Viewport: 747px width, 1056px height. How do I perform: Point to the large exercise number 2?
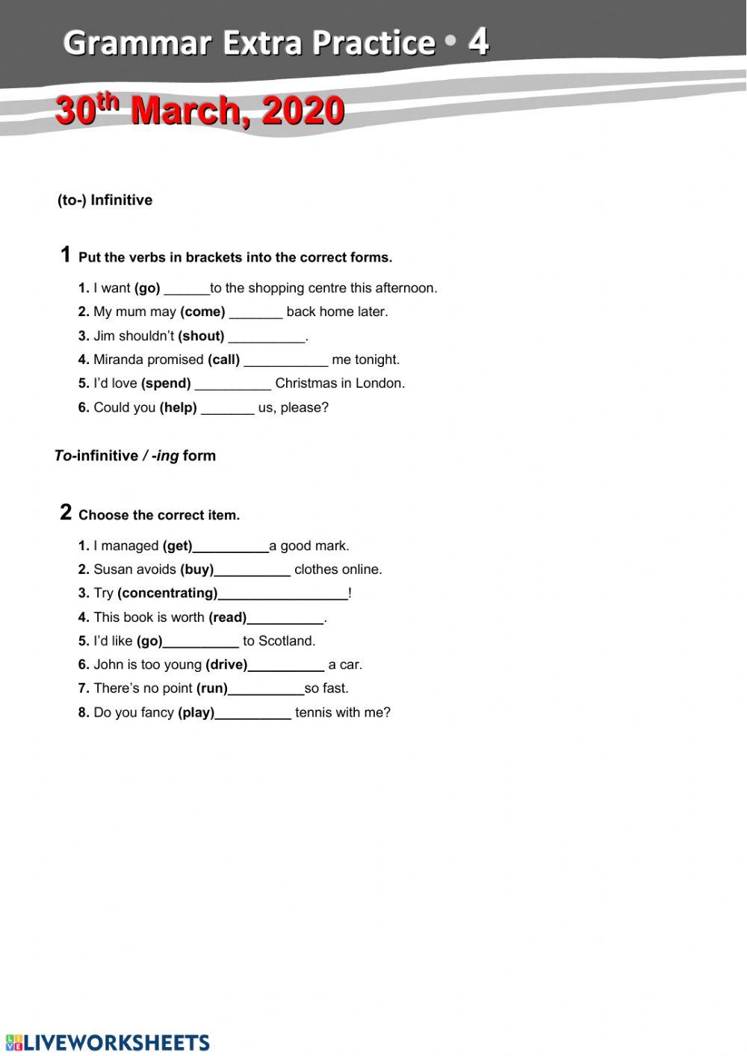66,513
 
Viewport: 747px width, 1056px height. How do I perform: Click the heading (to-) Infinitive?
105,200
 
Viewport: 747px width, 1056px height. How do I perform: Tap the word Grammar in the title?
137,43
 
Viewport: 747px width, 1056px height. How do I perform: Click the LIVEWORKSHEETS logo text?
116,1043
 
